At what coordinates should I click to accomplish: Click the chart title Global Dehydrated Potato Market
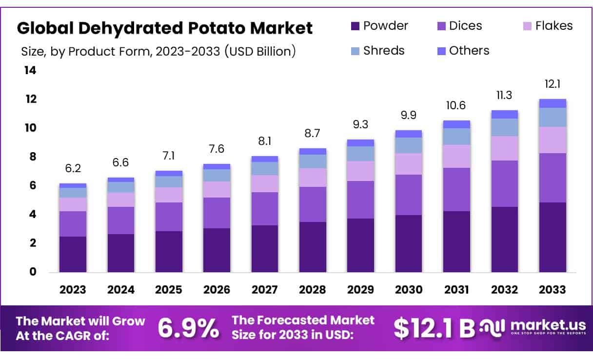coord(164,28)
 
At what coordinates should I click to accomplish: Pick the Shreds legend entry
coord(377,50)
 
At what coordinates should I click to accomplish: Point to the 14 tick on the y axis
coord(30,71)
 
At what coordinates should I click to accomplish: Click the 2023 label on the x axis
coord(73,290)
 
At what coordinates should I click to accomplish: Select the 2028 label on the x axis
coord(313,290)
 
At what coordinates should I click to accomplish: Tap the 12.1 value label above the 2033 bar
coord(553,84)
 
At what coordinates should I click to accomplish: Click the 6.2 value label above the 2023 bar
coord(73,169)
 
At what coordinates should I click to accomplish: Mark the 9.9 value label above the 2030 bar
coord(409,116)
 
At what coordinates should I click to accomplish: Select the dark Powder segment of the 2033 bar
coord(553,237)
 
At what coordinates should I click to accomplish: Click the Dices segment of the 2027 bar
coord(265,209)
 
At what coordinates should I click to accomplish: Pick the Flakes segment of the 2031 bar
coord(456,156)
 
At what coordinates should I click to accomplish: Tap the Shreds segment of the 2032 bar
coord(504,127)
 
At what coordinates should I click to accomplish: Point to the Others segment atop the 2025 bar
coord(169,173)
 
